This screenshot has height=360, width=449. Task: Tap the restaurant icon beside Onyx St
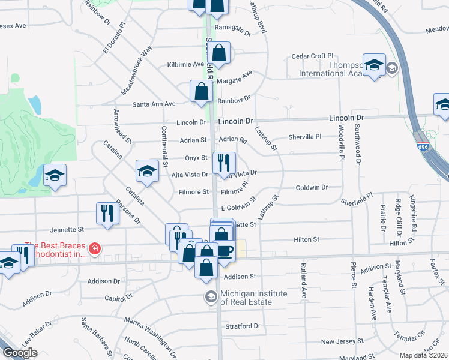[224, 161]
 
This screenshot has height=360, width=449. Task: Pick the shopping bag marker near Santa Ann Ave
[202, 91]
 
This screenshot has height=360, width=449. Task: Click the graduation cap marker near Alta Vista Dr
[147, 171]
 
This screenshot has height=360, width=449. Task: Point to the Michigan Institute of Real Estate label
[247, 298]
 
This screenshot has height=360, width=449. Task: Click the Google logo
[20, 353]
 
